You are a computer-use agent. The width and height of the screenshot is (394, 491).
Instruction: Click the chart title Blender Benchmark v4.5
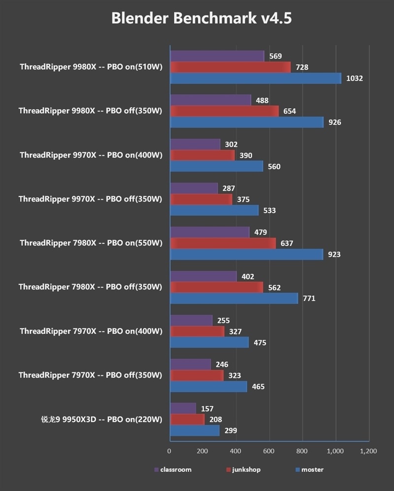pyautogui.click(x=201, y=19)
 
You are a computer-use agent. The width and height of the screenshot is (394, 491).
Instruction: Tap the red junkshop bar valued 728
pyautogui.click(x=230, y=67)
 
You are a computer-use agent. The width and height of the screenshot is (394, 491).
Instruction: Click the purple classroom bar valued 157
pyautogui.click(x=183, y=408)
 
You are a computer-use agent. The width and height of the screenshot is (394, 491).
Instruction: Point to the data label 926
pyautogui.click(x=335, y=122)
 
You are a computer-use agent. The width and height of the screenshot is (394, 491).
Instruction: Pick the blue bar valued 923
pyautogui.click(x=246, y=255)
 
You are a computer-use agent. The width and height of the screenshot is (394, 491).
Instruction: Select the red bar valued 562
pyautogui.click(x=216, y=288)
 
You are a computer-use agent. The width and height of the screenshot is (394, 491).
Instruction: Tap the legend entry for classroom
pyautogui.click(x=172, y=469)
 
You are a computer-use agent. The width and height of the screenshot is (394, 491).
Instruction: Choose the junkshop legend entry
pyautogui.click(x=243, y=469)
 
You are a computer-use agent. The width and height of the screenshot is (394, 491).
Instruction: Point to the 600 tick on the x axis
pyautogui.click(x=269, y=451)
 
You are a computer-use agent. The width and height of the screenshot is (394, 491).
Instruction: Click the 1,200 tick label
pyautogui.click(x=368, y=451)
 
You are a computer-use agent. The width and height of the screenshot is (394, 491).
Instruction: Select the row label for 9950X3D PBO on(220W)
pyautogui.click(x=101, y=419)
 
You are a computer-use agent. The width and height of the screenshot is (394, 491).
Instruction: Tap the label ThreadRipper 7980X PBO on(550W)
pyautogui.click(x=91, y=243)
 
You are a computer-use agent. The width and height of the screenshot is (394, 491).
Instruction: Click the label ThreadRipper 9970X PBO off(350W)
pyautogui.click(x=90, y=199)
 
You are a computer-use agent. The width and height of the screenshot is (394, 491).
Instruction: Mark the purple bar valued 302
pyautogui.click(x=195, y=144)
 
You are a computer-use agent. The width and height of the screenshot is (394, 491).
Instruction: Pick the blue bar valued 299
pyautogui.click(x=195, y=431)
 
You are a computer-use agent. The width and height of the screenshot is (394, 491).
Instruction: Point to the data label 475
pyautogui.click(x=260, y=343)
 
